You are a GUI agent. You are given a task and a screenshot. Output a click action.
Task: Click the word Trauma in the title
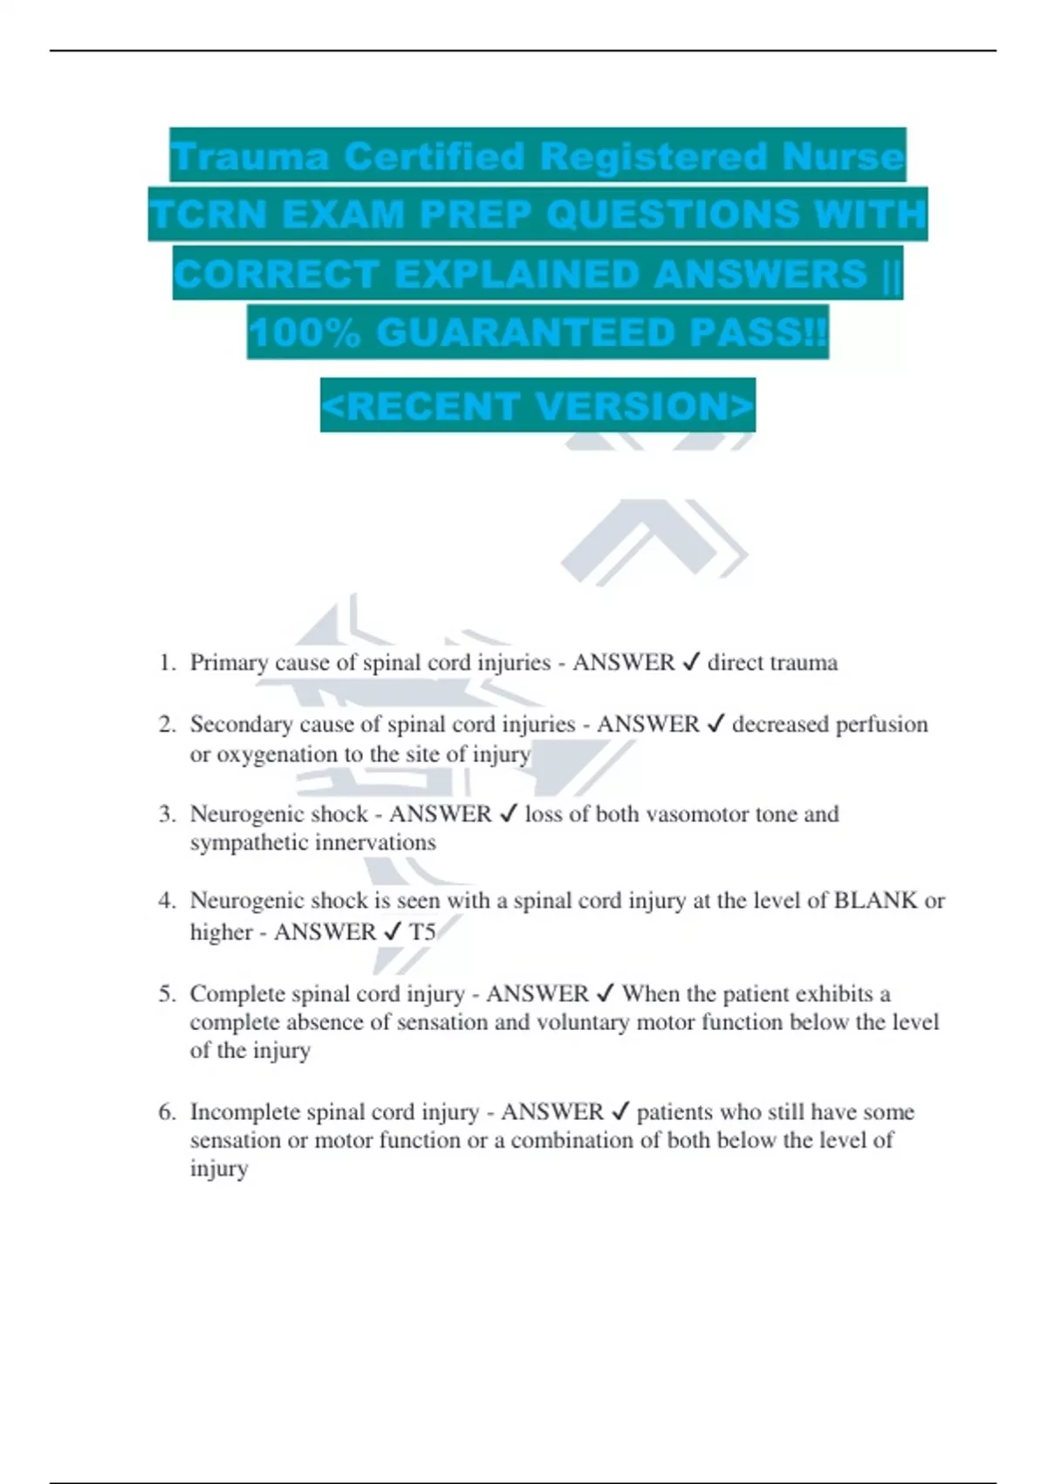click(250, 157)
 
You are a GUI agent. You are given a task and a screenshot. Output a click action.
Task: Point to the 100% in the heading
click(304, 333)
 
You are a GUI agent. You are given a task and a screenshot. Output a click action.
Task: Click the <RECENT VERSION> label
click(537, 406)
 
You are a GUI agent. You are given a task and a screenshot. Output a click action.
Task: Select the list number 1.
click(167, 663)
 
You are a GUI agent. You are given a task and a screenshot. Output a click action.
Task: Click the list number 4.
click(167, 901)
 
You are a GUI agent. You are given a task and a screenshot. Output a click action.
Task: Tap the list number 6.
click(167, 1112)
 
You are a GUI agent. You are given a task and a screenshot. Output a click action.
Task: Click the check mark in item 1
click(691, 663)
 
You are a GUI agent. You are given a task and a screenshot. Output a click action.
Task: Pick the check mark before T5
click(393, 932)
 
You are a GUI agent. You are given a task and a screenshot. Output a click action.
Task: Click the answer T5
click(422, 932)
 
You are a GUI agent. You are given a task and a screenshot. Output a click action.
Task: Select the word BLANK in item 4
click(875, 901)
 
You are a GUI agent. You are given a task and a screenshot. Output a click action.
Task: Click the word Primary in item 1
click(229, 663)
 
